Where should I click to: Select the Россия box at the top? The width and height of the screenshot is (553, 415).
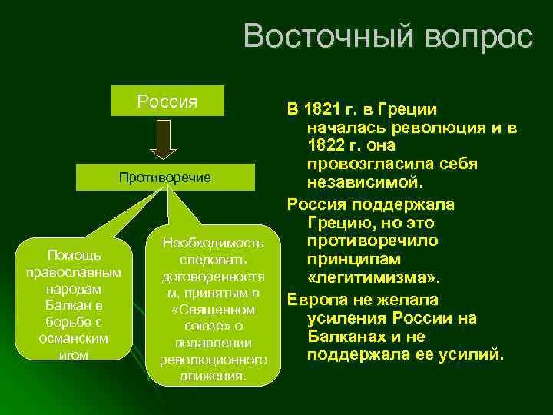[167, 101]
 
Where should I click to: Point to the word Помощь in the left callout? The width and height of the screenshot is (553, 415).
[73, 254]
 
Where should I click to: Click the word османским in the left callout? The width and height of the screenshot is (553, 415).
[73, 338]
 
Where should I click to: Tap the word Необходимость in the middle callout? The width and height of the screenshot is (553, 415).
[214, 244]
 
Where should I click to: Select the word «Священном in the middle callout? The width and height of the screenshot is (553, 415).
[214, 310]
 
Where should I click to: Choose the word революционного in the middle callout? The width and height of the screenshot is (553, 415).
[214, 360]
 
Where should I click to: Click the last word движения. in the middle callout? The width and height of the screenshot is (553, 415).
[214, 377]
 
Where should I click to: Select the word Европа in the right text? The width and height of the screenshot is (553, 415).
[314, 299]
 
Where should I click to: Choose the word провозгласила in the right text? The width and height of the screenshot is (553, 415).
[362, 165]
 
